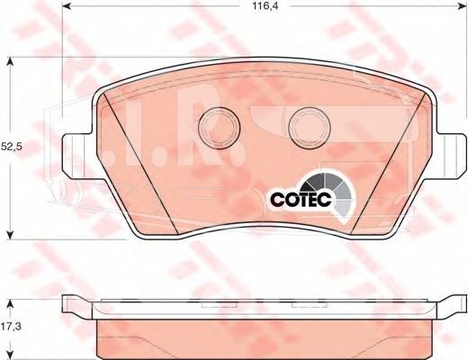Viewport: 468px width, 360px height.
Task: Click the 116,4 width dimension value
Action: pos(261,6)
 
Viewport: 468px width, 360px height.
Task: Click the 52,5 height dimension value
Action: pos(12,147)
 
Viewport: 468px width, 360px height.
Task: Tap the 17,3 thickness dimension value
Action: pos(11,326)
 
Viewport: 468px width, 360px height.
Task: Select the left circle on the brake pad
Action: pos(220,127)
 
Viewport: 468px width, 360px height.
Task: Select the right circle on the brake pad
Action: pos(310,128)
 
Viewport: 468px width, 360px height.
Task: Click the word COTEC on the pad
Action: pos(301,199)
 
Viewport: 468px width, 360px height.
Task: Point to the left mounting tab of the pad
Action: pos(77,156)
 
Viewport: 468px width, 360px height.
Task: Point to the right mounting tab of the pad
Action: pos(451,156)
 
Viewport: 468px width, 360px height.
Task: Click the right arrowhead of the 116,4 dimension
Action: pos(461,5)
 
